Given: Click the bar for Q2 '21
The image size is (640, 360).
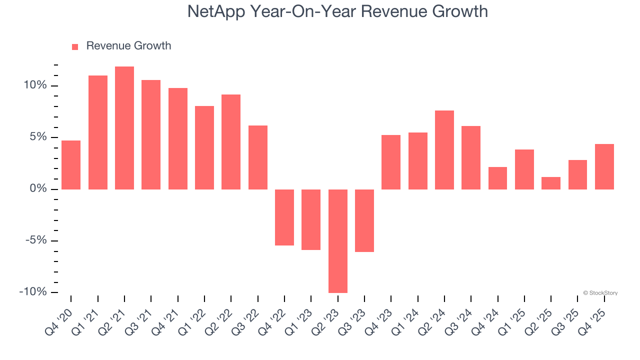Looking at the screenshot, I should [x=124, y=128].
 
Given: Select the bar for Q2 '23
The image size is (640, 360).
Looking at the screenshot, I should [x=338, y=241].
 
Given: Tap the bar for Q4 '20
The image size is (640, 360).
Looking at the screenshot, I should [x=71, y=165].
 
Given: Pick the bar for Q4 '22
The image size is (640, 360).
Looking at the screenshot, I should [x=284, y=217].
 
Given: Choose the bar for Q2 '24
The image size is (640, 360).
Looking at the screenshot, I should [x=444, y=150].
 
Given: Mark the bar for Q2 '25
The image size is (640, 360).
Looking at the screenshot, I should [x=551, y=183].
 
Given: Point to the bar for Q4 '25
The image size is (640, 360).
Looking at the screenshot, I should [x=604, y=167].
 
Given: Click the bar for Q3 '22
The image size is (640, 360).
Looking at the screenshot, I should [x=258, y=157].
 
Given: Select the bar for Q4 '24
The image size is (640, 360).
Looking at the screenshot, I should [x=497, y=178].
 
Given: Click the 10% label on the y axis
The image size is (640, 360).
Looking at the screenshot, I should [x=34, y=85].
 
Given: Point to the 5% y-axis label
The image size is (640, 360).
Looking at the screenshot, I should [x=37, y=137].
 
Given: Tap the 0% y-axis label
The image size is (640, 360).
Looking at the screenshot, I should [x=37, y=189].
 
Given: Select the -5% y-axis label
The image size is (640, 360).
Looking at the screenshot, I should [x=35, y=240].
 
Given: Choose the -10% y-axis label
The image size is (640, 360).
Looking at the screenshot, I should [x=33, y=292].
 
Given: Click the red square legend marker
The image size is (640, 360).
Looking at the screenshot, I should [x=75, y=46].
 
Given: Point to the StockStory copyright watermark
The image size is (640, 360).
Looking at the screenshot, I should [x=600, y=293].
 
